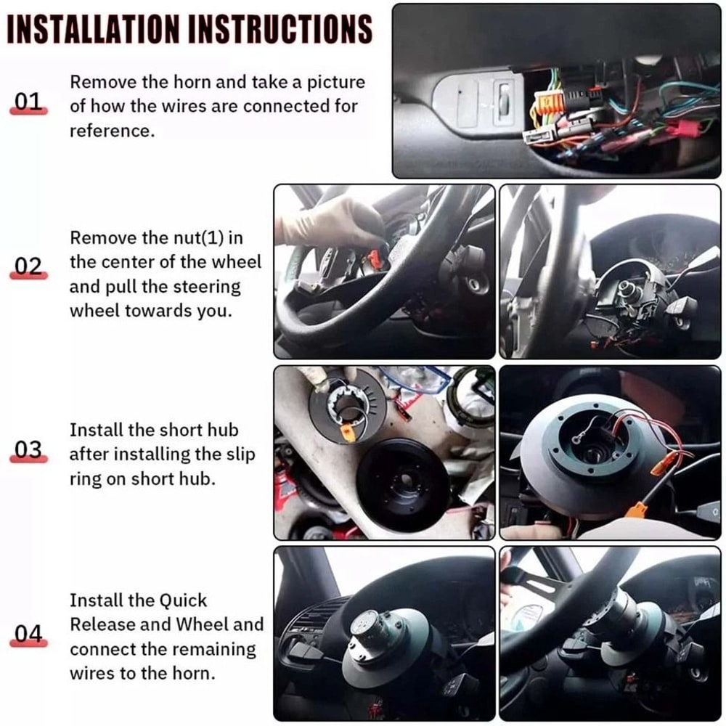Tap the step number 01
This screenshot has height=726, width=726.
click(x=29, y=102)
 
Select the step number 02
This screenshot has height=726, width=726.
click(x=29, y=266)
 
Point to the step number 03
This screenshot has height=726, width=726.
click(x=29, y=450)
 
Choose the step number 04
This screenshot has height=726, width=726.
click(x=29, y=635)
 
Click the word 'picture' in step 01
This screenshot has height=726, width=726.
click(x=330, y=82)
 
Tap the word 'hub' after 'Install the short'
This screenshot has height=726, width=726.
click(x=221, y=430)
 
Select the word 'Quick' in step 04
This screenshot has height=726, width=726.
click(x=183, y=600)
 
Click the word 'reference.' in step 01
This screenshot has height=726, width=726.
click(x=112, y=131)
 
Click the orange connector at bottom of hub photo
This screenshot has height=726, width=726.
click(x=636, y=510)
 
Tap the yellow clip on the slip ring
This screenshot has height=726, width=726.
click(x=349, y=433)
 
